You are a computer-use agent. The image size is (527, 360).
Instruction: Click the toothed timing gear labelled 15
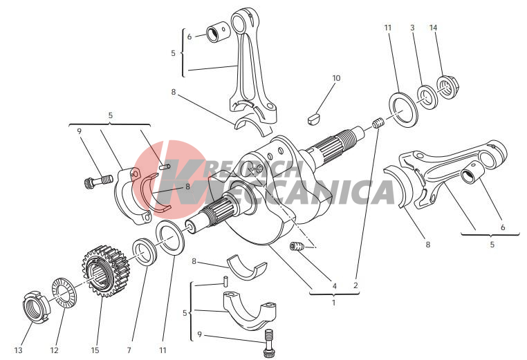pos(105,271)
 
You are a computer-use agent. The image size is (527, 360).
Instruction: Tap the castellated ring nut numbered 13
pos(35,306)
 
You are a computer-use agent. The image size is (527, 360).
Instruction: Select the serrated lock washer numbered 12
pos(64,292)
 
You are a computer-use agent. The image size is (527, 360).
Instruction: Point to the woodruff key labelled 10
pos(315,119)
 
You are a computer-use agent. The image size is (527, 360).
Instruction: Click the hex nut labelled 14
pos(447,87)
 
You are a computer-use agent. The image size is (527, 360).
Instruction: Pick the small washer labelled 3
pos(427,97)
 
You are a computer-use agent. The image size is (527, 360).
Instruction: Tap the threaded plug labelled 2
pos(378,123)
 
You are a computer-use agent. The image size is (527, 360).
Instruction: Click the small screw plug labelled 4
pos(297,246)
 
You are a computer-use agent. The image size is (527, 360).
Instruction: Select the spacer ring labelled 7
pos(145,252)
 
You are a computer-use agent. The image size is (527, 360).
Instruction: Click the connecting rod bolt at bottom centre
pos(268,343)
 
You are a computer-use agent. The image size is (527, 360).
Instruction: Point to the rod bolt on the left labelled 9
pos(98,180)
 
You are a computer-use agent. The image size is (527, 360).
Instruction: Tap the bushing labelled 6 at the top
pos(218,32)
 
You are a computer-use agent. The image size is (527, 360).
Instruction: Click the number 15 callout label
pos(95,350)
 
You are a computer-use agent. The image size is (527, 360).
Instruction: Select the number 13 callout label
pos(19,350)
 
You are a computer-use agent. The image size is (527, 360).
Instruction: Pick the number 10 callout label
pos(336,78)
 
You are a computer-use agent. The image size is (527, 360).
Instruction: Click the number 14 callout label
pos(433,28)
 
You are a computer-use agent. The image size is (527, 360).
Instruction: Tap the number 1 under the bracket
pos(333,303)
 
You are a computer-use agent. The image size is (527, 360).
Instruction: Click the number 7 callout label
pos(129,350)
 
